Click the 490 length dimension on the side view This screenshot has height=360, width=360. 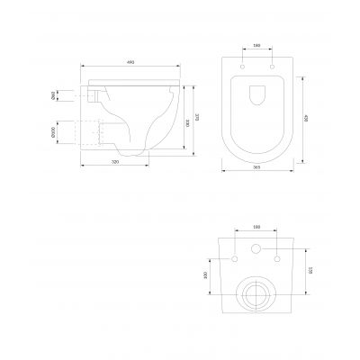131,62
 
